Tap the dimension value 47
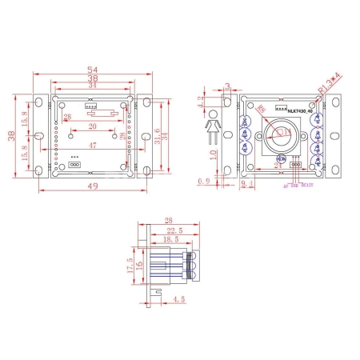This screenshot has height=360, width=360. coord(93,146)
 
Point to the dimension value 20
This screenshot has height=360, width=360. coord(93,126)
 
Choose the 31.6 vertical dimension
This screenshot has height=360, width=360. coord(157,135)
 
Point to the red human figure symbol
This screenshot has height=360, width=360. coord(213,126)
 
